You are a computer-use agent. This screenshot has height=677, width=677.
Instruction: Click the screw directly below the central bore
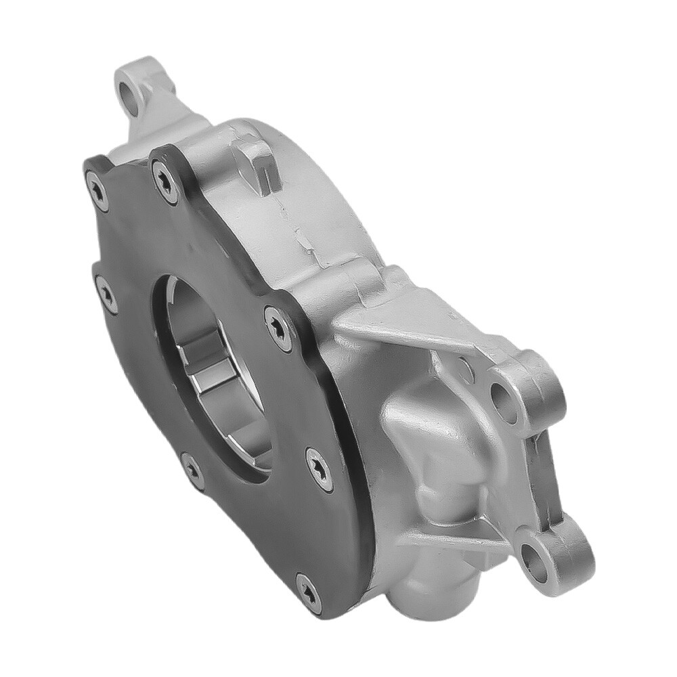[193, 468]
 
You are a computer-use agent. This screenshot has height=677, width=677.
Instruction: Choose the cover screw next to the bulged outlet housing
[317, 462]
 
